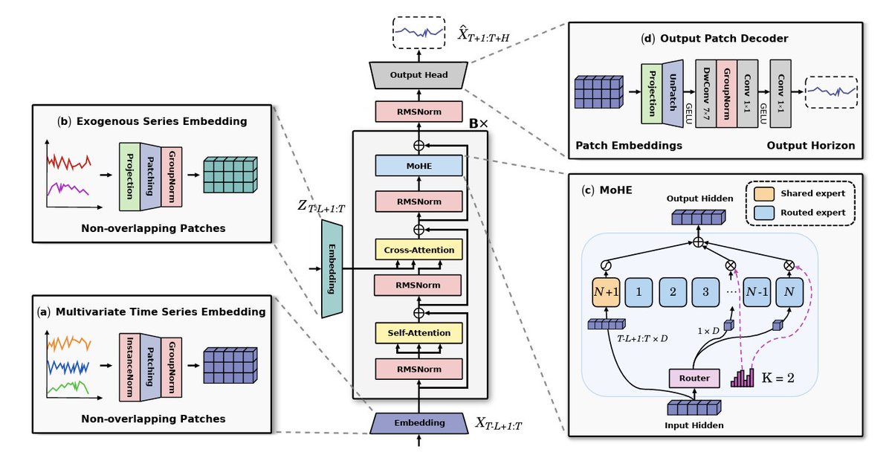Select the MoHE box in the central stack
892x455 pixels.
click(x=419, y=165)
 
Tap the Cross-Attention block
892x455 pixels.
click(x=419, y=250)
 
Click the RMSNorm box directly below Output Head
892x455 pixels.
click(x=419, y=112)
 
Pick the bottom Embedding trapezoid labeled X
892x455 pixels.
click(x=419, y=423)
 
